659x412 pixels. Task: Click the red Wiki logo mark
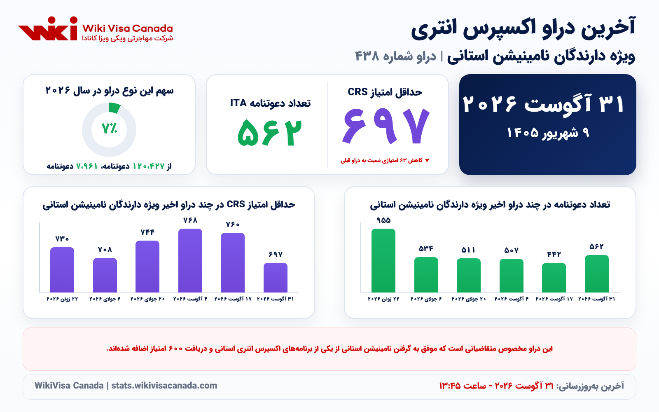pos(48,28)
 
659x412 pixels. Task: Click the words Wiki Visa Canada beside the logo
pos(127,28)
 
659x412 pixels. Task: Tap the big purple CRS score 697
pos(386,126)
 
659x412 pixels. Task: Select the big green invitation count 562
pos(270,133)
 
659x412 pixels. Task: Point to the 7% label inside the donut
pos(110,128)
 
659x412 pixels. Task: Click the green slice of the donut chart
pos(114,108)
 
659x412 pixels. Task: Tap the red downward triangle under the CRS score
pos(427,160)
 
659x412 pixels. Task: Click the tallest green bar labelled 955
pos(383,260)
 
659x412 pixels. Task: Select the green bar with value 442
pos(554,277)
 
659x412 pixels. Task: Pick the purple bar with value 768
pos(190,260)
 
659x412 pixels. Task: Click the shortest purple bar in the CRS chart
pos(276,277)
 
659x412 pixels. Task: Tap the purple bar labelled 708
pos(105,275)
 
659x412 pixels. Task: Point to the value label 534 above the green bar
pos(426,249)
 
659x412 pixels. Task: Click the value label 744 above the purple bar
pos(147,232)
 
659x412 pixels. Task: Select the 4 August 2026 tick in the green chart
pos(511,299)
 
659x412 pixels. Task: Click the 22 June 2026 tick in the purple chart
pos(62,299)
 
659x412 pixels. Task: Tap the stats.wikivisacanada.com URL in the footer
pos(164,386)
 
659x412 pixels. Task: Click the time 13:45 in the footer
pos(450,386)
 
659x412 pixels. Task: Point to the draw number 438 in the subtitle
pos(367,56)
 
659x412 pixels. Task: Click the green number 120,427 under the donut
pos(149,166)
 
